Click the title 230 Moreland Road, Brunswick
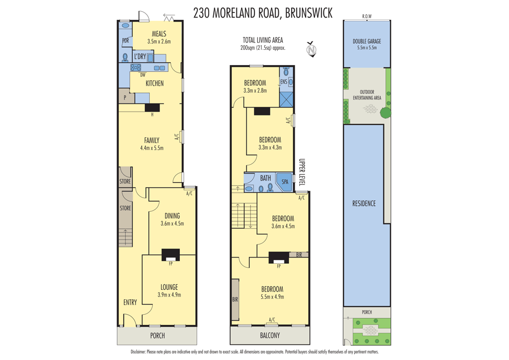click(262, 12)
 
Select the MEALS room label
click(159, 33)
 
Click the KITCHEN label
click(154, 83)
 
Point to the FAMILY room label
click(152, 140)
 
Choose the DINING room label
click(172, 216)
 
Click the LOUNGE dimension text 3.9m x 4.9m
click(169, 294)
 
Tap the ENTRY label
click(130, 302)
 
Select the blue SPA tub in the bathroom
click(284, 181)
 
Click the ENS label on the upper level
click(284, 82)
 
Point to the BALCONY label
click(270, 335)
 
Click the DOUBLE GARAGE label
click(366, 41)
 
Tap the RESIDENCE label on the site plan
click(364, 203)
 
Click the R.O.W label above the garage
click(366, 16)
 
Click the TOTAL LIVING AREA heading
click(262, 40)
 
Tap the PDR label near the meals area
click(126, 41)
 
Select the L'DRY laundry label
click(140, 57)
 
